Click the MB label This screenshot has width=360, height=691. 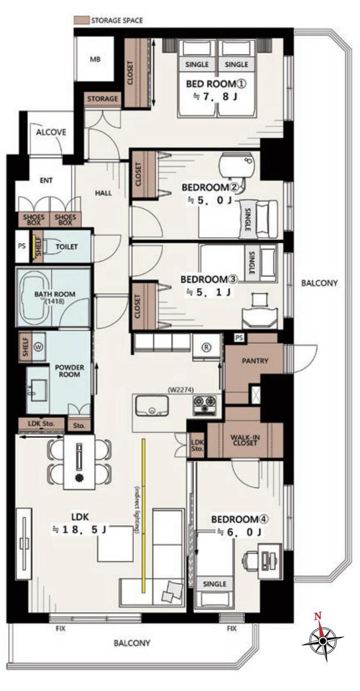pos(95,59)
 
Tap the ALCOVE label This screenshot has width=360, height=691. pos(51,132)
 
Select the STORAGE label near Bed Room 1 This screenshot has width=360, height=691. pos(102,99)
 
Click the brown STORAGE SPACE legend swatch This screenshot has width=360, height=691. pos(81,21)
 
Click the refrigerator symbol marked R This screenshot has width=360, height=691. pos(206,347)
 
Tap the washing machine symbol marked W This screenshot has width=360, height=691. pos(39,347)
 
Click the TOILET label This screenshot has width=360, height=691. pos(66,247)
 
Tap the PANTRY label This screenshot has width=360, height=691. pos(255,361)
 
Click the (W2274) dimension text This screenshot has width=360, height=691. pos(181,390)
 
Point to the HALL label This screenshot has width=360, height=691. pos(103,193)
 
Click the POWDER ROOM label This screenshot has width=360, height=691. pos(69,371)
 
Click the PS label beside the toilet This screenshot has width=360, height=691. pos(22,247)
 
